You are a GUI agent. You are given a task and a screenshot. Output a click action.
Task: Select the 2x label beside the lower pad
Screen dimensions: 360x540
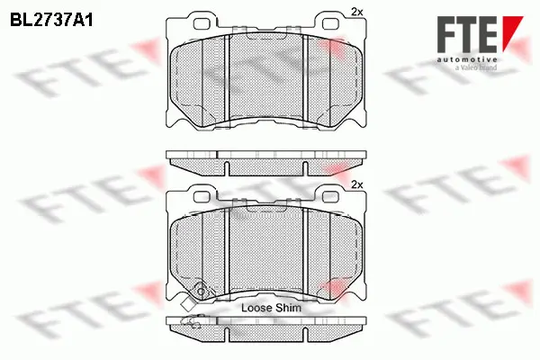(x=356, y=184)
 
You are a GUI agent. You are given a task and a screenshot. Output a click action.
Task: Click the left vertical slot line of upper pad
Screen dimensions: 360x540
(x=230, y=81)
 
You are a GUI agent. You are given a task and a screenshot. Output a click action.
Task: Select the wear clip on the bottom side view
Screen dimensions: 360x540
(x=191, y=321)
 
